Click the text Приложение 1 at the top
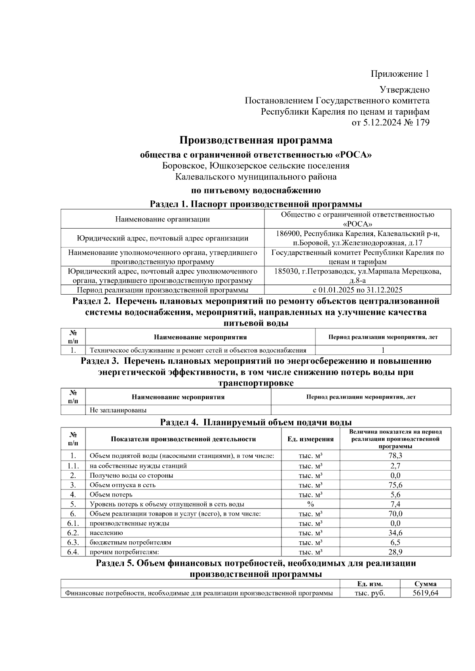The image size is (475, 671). [x=400, y=74]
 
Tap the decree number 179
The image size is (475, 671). [x=422, y=123]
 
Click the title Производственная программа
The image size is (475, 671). [x=256, y=140]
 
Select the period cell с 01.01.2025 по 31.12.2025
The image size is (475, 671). [x=357, y=290]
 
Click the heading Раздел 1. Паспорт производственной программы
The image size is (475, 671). [x=256, y=204]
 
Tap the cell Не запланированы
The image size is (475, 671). [x=118, y=410]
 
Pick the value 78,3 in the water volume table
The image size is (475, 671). [x=395, y=456]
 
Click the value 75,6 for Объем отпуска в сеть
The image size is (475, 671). [x=395, y=485]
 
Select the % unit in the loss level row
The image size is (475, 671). [x=310, y=504]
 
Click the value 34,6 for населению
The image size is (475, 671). [x=395, y=533]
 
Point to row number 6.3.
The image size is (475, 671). [x=73, y=542]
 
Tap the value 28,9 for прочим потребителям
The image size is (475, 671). [x=395, y=552]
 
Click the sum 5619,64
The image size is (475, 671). [x=425, y=593]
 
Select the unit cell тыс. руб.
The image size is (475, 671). [x=370, y=593]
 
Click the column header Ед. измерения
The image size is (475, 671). [x=310, y=439]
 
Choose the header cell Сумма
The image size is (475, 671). [x=426, y=584]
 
